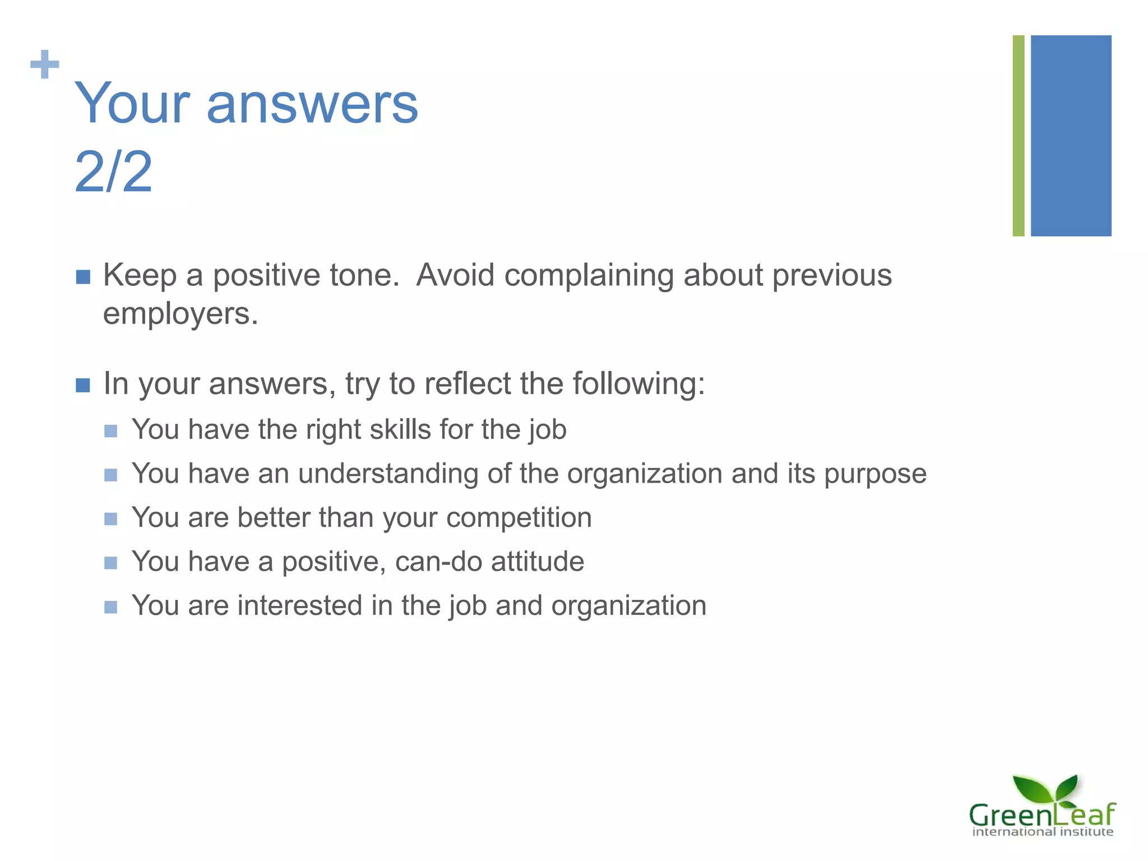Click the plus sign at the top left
[x=44, y=64]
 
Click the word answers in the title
[x=312, y=104]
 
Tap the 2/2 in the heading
[x=113, y=172]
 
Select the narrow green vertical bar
[x=1018, y=136]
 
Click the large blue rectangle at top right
[x=1071, y=136]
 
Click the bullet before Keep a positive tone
[x=83, y=277]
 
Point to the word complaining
[x=589, y=276]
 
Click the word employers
[x=180, y=314]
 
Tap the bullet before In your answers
[x=83, y=385]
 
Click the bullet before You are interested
[x=111, y=607]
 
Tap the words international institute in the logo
[x=1042, y=832]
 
